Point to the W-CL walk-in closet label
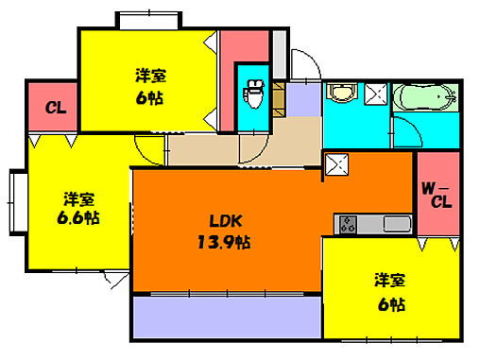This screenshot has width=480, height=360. click(x=437, y=194)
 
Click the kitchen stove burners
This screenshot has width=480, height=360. click(x=347, y=224)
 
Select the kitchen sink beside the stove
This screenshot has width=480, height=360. click(x=396, y=224)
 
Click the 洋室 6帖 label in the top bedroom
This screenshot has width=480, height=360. click(x=151, y=86)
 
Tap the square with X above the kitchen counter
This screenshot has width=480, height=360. click(x=336, y=166)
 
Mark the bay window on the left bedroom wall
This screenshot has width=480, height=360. click(x=17, y=203)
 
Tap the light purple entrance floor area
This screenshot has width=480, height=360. click(x=304, y=98)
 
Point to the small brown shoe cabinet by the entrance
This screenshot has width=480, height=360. click(x=279, y=96)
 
